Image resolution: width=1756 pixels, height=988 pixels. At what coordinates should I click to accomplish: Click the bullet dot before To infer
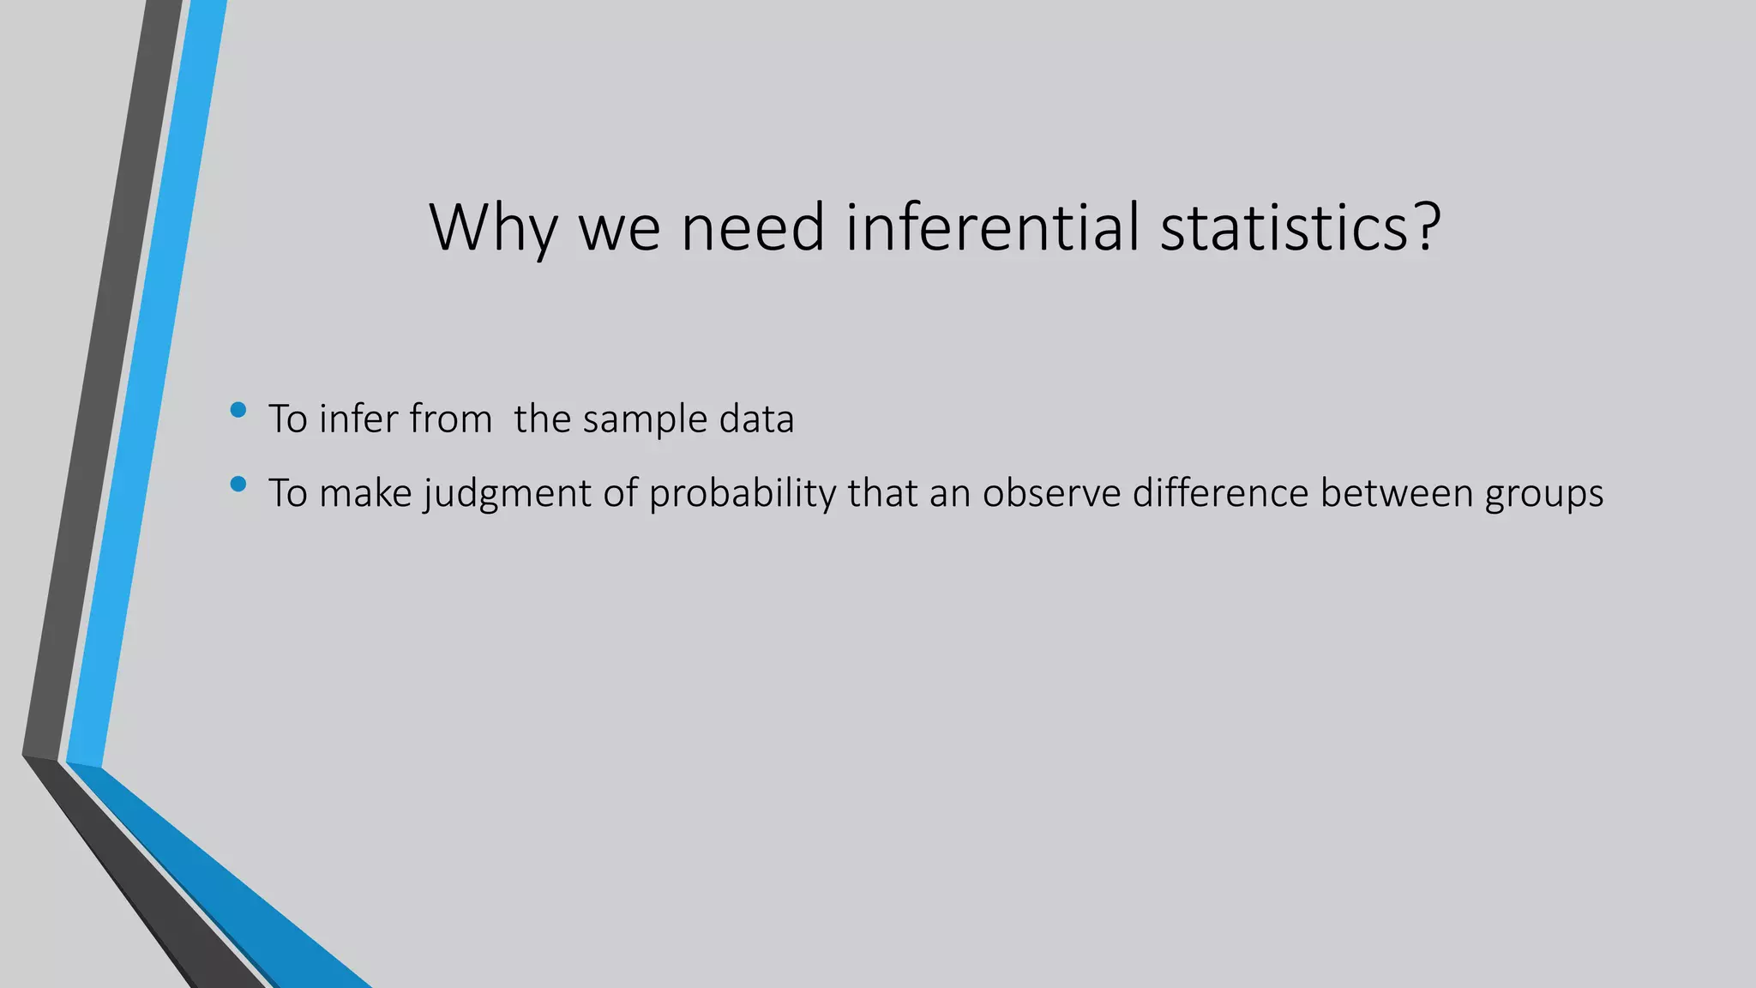pos(238,411)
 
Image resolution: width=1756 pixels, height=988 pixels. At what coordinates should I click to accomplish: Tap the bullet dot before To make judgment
pos(238,485)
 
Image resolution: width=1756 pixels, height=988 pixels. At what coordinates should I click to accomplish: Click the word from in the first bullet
pos(450,419)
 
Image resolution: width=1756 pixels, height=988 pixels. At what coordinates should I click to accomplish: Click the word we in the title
pos(619,228)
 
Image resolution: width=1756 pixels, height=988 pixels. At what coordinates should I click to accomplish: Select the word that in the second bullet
pos(882,493)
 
